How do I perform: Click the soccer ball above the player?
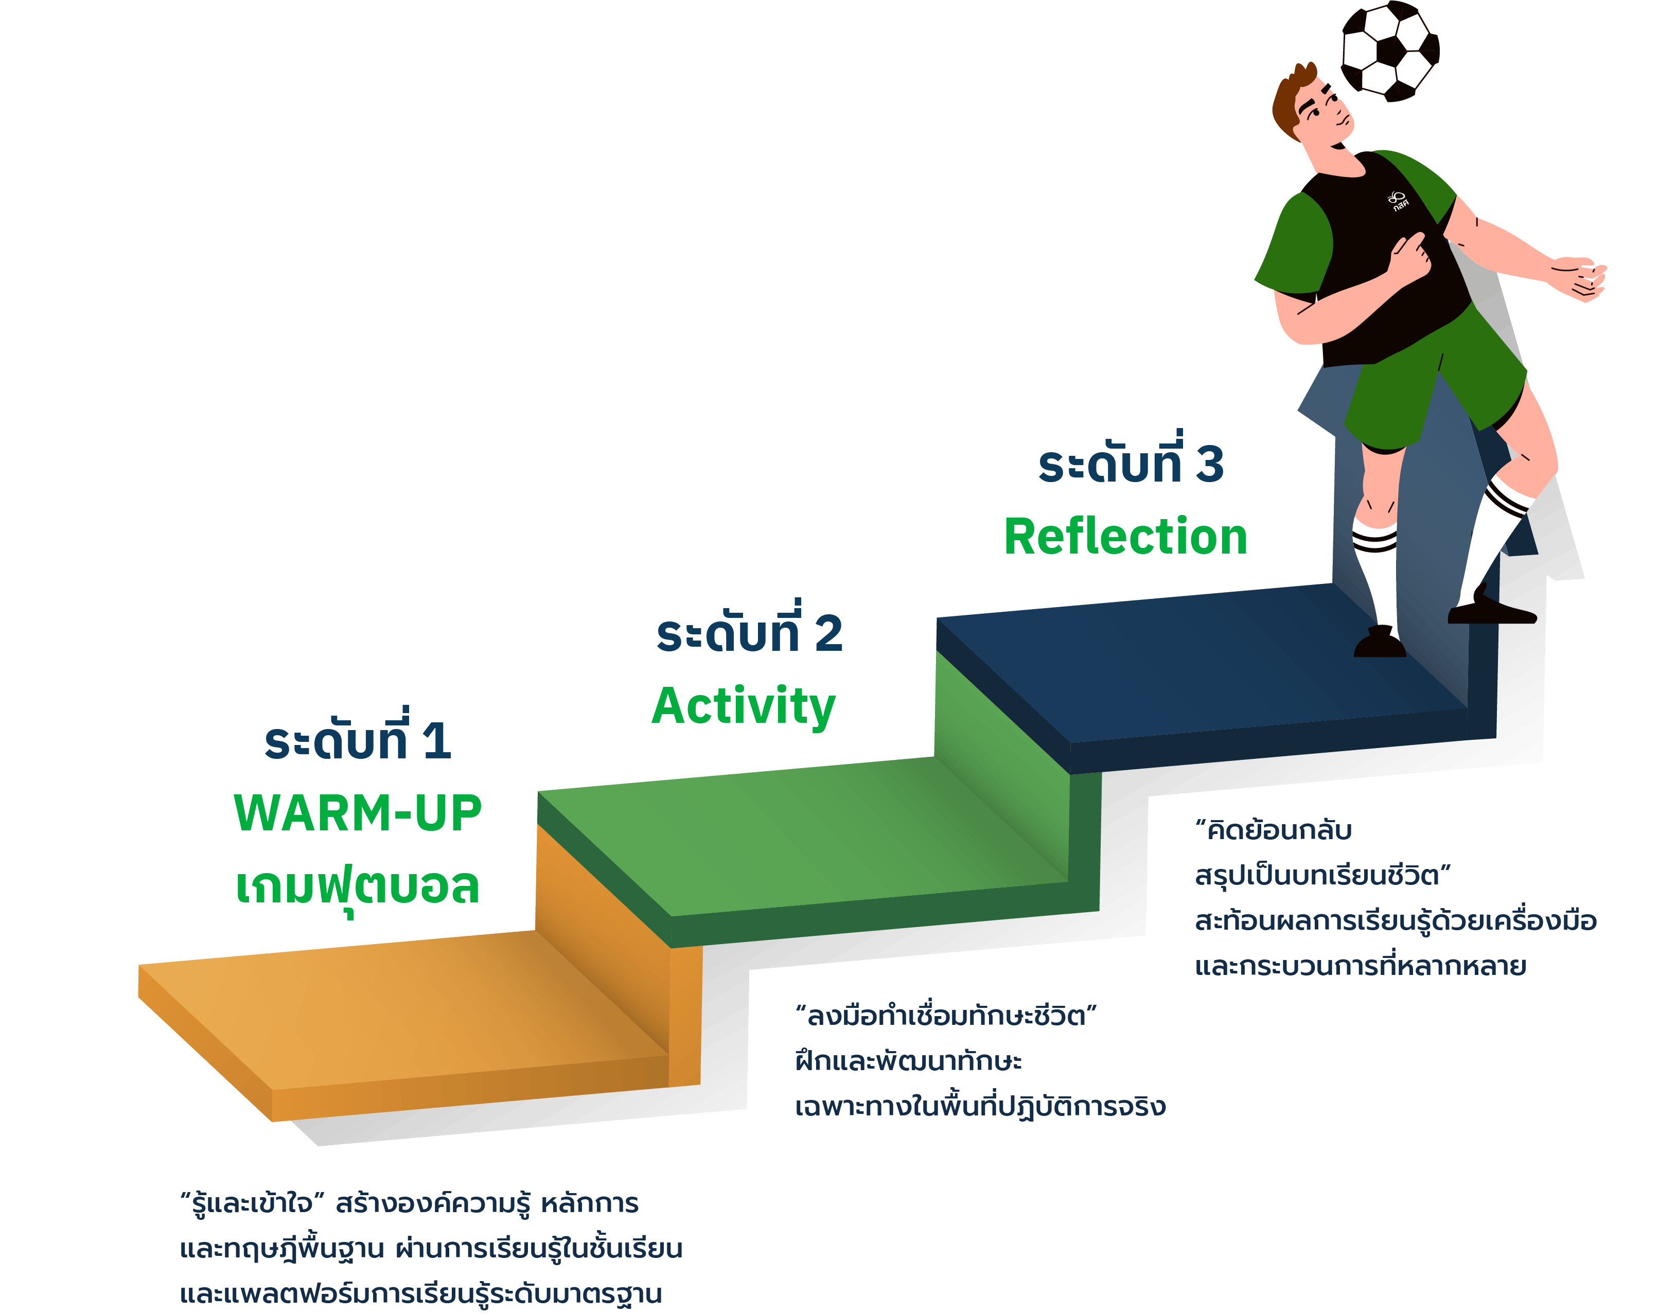pos(1390,51)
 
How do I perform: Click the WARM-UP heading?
pos(358,813)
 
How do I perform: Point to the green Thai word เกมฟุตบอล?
pos(358,887)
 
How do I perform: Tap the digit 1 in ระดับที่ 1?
pos(437,741)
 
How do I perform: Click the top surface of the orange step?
pos(404,1008)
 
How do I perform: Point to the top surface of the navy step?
pos(1200,663)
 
